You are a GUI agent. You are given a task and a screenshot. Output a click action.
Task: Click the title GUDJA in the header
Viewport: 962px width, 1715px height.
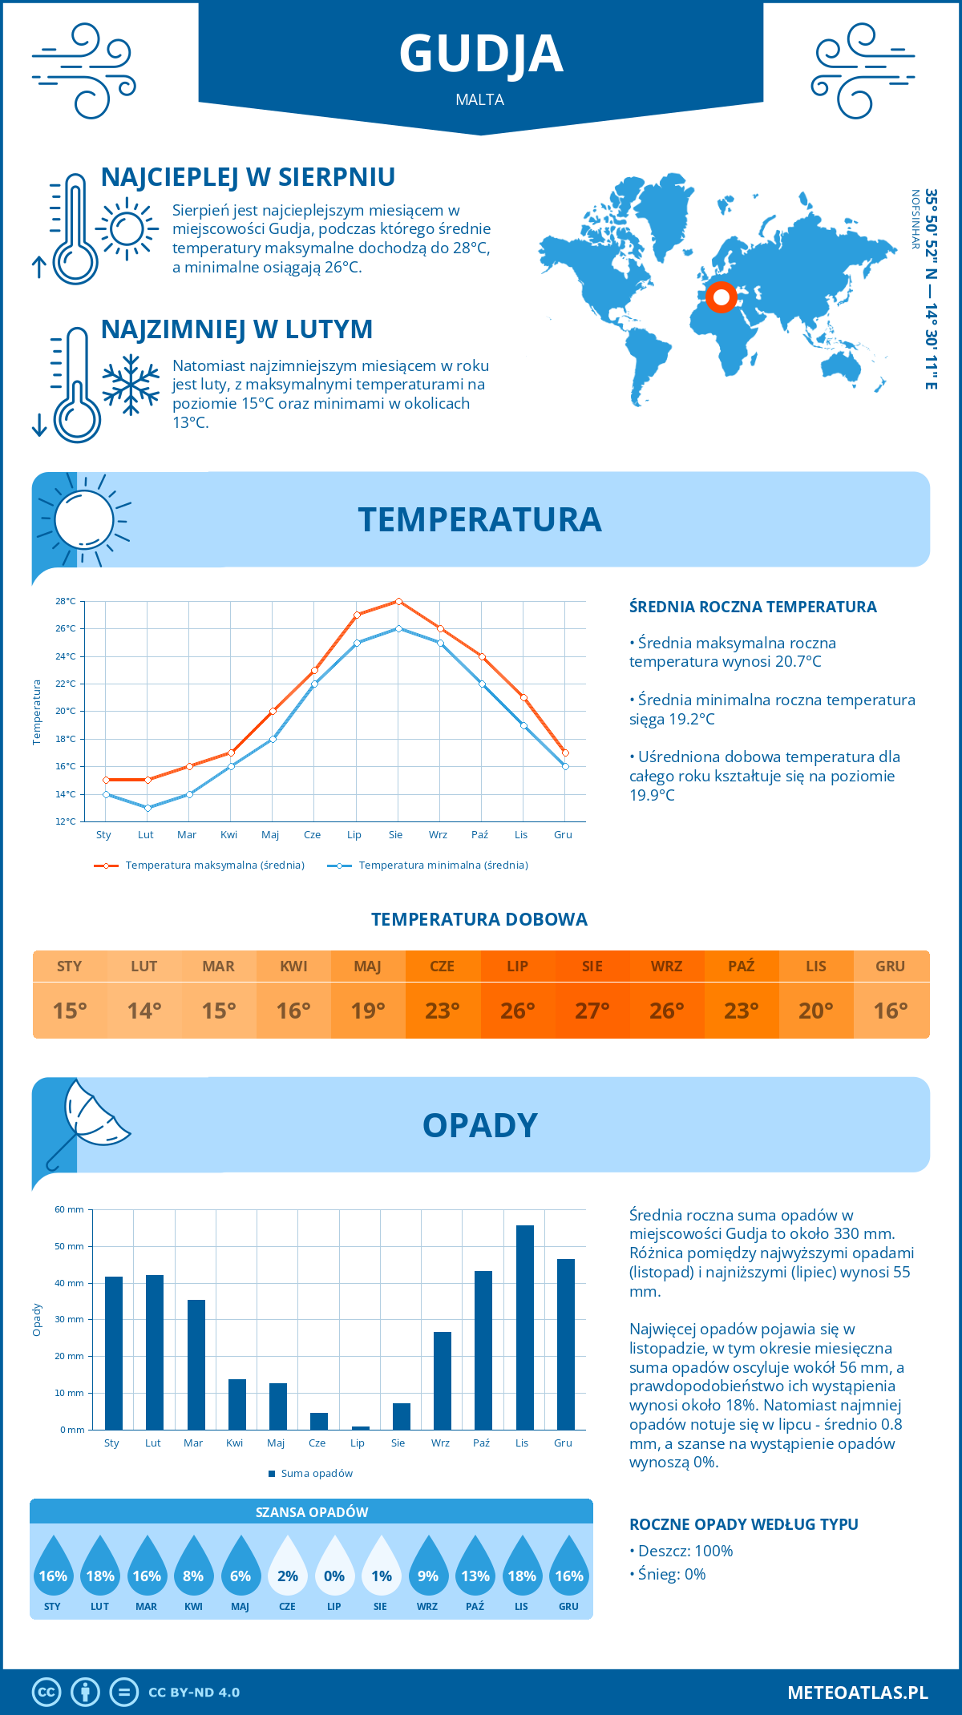coord(481,54)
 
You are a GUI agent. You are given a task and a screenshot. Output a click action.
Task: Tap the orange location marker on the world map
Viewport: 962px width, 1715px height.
coord(721,297)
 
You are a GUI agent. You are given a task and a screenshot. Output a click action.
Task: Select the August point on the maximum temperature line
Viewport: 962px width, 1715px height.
coord(398,601)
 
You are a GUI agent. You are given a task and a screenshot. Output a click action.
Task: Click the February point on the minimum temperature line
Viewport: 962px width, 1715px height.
coord(148,808)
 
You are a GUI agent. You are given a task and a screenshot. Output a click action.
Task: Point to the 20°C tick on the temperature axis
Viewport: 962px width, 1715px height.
coord(66,712)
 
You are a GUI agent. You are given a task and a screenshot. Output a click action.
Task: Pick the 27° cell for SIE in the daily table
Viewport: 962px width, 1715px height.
coord(592,1011)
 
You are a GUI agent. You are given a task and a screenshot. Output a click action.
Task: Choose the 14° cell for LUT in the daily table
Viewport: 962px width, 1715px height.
coord(144,1011)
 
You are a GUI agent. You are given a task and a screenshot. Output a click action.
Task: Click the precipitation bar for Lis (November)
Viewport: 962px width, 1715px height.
coord(524,1327)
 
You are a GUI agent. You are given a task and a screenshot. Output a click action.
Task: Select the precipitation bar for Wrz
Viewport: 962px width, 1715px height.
coord(443,1381)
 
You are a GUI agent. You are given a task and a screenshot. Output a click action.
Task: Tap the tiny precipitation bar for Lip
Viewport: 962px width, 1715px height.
coord(360,1427)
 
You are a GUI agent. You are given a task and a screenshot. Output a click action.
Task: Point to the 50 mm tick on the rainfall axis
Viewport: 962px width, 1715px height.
coord(70,1246)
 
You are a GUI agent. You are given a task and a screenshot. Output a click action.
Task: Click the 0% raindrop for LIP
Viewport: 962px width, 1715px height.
coord(334,1568)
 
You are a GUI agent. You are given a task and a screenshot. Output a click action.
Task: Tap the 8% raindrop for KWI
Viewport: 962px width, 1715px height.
coord(193,1568)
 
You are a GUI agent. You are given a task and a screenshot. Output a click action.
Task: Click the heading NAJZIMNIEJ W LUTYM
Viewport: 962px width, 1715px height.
coord(236,329)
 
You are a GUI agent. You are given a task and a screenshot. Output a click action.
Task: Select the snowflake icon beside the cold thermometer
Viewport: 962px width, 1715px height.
coord(131,385)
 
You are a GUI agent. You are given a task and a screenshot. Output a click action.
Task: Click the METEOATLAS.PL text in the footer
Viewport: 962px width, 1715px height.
coord(857,1693)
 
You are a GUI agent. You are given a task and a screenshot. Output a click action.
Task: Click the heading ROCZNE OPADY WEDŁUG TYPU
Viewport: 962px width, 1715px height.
coord(743,1524)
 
